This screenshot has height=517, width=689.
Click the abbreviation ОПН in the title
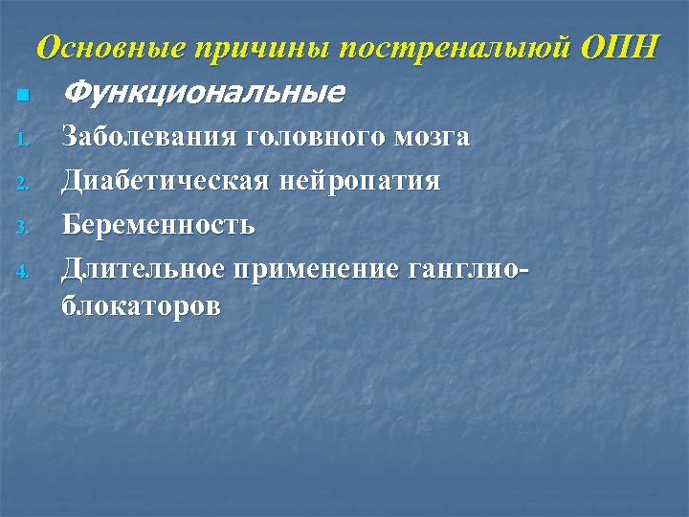click(623, 47)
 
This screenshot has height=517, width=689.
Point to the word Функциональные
click(202, 94)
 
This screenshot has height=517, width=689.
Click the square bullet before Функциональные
click(22, 96)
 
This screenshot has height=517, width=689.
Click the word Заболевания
click(148, 138)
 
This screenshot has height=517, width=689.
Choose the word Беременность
click(158, 226)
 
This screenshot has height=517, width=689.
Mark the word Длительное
click(142, 269)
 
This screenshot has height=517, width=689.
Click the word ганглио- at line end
click(467, 270)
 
